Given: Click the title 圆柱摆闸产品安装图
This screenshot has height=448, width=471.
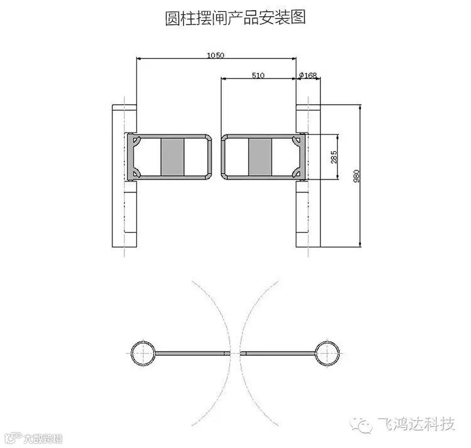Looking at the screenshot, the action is click(235, 18).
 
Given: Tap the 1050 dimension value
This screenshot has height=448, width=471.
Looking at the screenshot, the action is click(216, 55).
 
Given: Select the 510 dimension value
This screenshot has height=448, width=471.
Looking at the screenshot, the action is click(257, 75).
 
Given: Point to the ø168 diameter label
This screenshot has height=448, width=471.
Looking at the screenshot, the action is click(308, 75).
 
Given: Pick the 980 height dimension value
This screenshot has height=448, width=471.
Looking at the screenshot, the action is click(356, 176).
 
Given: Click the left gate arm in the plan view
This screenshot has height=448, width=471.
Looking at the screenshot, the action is click(190, 353).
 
